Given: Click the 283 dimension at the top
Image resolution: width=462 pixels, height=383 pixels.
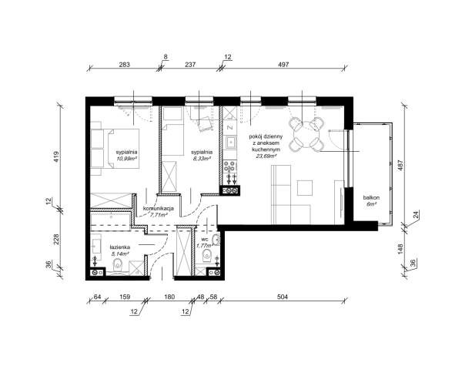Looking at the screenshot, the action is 124,64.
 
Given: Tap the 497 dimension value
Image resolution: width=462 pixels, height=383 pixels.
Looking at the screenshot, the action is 283,64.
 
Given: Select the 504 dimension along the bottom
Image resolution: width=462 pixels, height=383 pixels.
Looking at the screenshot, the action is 283,297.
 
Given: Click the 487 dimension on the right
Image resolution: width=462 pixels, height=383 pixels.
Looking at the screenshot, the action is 400,165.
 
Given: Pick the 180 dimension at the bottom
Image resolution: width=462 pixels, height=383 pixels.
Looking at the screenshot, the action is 169,297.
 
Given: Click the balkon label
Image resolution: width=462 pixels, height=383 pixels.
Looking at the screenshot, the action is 371,198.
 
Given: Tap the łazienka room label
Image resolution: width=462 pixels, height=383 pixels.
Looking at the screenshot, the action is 120,247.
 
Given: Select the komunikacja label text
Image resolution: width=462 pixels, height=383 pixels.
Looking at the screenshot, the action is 158,208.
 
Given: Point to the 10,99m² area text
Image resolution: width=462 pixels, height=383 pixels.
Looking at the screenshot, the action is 127,158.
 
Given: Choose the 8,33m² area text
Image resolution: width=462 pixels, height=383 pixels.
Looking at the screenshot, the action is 202,158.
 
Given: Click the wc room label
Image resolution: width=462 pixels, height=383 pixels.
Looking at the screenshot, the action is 205,240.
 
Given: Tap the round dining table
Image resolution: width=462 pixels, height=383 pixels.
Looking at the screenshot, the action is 306,134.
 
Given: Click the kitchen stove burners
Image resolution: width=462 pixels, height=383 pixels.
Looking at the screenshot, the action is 229,166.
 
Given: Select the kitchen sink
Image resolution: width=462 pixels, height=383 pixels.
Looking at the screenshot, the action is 231,143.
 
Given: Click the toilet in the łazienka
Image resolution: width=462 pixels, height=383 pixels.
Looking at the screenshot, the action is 119,265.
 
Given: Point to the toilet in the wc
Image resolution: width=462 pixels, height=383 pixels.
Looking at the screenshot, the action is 207,255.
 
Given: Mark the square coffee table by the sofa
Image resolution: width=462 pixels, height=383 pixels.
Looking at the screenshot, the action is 305,188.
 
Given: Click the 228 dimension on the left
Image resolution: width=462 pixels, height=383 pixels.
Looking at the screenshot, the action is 56,240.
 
